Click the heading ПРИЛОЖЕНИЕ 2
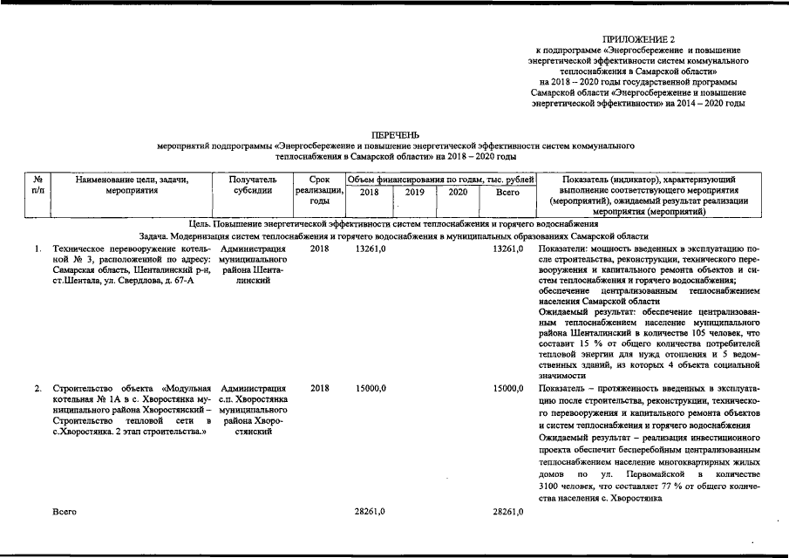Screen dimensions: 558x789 tap(639, 40)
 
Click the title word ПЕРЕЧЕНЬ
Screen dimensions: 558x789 tap(395, 135)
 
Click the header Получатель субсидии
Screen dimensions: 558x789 tap(253, 185)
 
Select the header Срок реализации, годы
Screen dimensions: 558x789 tap(319, 190)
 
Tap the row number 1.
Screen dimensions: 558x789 tap(37, 248)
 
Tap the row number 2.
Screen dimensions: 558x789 tap(37, 388)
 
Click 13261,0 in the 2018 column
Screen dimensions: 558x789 tap(371, 248)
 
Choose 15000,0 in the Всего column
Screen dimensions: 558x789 tap(507, 388)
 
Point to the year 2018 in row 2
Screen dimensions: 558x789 tap(319, 388)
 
